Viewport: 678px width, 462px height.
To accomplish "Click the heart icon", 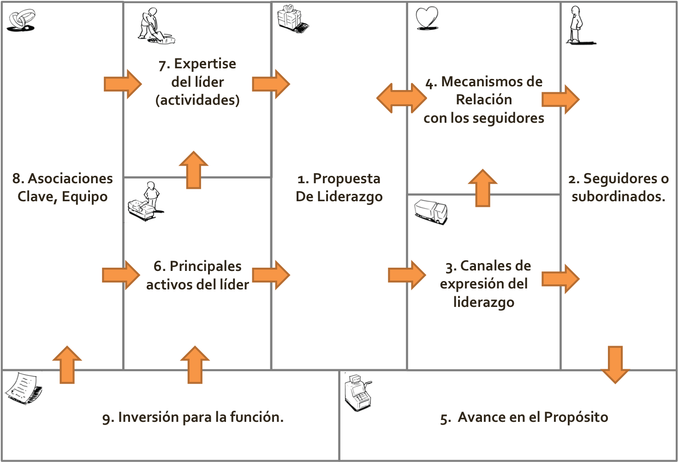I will (x=427, y=18).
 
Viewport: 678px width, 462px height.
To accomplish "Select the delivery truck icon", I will (x=431, y=211).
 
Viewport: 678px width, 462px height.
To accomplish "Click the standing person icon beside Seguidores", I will (x=575, y=25).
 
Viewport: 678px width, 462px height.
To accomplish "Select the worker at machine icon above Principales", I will (x=146, y=202).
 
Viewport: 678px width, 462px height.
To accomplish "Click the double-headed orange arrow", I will (x=401, y=98).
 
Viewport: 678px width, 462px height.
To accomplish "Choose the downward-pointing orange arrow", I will (x=615, y=364).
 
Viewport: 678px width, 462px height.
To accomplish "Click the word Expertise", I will (x=205, y=64).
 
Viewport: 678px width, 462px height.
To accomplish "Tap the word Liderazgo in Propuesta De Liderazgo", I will (x=354, y=197).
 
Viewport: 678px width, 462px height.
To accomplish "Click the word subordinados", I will (x=618, y=197).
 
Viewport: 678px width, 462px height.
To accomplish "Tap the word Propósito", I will (x=576, y=417).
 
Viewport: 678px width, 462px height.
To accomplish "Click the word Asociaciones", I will (x=70, y=179).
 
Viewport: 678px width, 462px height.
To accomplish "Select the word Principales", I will (x=206, y=266).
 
